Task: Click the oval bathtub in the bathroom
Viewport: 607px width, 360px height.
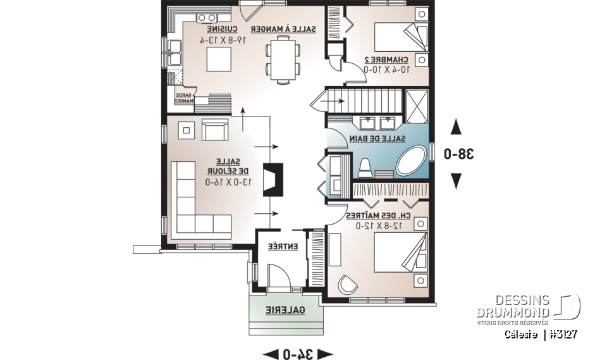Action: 412,161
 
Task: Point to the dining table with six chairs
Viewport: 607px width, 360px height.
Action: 280,58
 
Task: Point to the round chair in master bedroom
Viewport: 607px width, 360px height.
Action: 346,284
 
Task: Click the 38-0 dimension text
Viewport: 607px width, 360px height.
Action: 455,154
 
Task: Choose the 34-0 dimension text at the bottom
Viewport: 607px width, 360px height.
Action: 297,352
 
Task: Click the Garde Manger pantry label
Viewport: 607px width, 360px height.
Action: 184,97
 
